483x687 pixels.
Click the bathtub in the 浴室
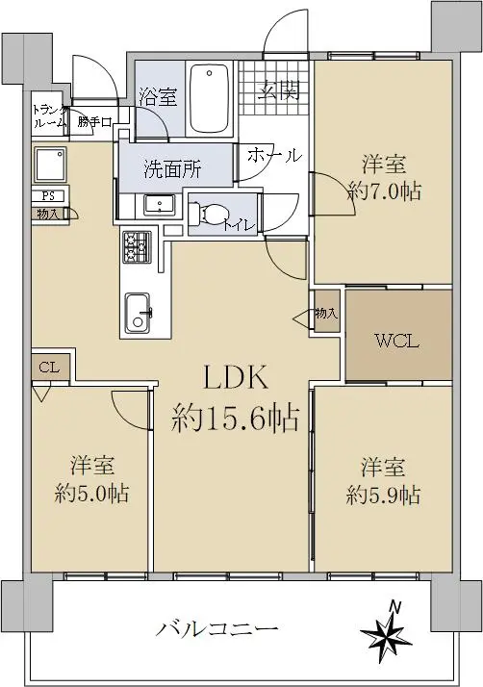(x=211, y=99)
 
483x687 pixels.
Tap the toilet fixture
(x=207, y=215)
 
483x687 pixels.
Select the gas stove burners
(x=137, y=247)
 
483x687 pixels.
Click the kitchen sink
(x=138, y=313)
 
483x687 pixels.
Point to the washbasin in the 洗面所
(x=159, y=204)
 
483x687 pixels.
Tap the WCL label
(x=397, y=342)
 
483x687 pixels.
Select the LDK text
(x=235, y=378)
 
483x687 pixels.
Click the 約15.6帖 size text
(x=236, y=418)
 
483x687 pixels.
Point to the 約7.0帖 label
(x=384, y=191)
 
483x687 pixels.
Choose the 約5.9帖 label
(x=383, y=496)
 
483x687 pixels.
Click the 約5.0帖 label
(x=92, y=493)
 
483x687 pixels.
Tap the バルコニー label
(x=217, y=630)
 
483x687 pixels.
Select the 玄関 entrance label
(x=278, y=91)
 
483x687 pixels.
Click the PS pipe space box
(x=48, y=195)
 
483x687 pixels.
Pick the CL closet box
(x=49, y=368)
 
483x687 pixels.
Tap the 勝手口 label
(x=94, y=122)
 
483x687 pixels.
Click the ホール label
(x=275, y=155)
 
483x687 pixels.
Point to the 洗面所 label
(x=172, y=169)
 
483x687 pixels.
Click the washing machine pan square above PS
(x=50, y=164)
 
